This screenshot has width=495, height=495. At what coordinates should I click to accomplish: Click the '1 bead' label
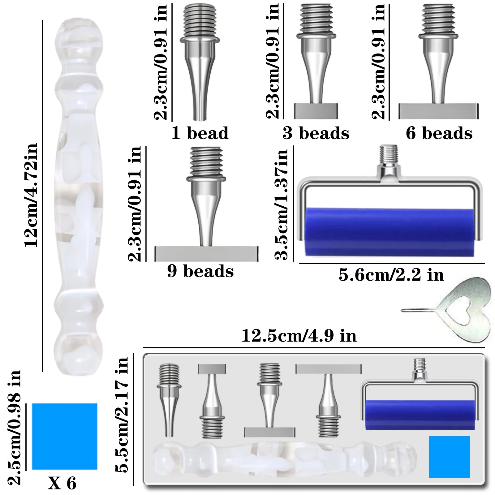[x=200, y=133]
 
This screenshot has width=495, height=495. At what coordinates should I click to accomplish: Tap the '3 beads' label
[x=316, y=133]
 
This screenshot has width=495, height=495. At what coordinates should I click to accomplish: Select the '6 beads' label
[x=439, y=133]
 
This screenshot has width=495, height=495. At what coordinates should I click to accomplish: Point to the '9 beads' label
[x=200, y=271]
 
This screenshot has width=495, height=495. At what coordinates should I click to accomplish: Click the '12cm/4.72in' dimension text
[x=31, y=195]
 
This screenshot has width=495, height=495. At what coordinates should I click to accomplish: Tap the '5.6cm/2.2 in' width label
[x=391, y=275]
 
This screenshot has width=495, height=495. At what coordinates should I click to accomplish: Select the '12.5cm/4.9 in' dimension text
[x=299, y=336]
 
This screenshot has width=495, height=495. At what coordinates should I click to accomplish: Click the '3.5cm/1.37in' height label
[x=281, y=204]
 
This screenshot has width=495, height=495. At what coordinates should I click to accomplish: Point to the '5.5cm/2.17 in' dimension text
[x=122, y=415]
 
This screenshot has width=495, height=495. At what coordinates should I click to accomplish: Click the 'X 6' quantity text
[x=62, y=483]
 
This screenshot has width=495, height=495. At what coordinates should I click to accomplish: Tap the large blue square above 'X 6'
[x=65, y=436]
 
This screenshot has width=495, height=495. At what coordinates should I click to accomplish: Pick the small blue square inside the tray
[x=450, y=457]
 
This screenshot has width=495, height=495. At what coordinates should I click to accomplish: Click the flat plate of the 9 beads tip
[x=206, y=254]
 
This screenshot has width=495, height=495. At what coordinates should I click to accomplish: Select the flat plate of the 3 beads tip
[x=316, y=111]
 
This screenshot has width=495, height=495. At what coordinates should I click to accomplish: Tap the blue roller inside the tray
[x=420, y=415]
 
